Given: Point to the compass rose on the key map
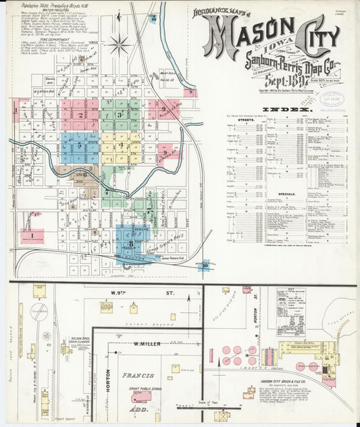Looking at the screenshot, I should [120, 45].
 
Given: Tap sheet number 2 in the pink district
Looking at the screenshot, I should [80, 115].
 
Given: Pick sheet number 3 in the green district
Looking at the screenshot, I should [120, 114].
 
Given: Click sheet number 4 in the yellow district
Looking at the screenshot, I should [122, 145].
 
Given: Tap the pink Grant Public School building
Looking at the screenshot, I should [142, 397].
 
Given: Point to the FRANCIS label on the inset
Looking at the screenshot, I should [138, 375].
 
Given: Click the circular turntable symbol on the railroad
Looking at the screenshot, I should [40, 312].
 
